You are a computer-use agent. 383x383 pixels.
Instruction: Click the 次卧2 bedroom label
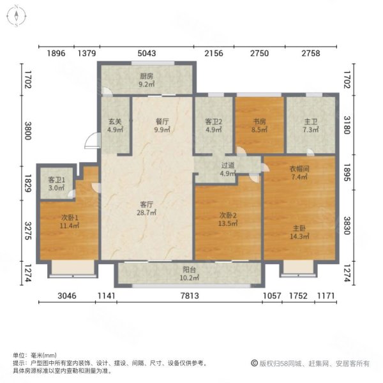[x=228, y=219]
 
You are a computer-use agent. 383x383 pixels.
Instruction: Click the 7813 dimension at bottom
[x=190, y=296]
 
